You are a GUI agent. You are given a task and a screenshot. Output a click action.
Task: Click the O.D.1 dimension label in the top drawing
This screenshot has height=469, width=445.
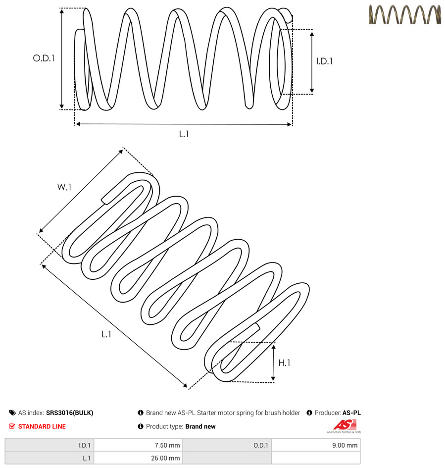click(x=44, y=58)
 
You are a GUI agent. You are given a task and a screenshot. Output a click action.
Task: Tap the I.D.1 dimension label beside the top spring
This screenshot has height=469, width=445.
click(x=325, y=61)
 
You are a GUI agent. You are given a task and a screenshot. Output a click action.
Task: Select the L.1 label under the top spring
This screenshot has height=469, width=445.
click(x=184, y=134)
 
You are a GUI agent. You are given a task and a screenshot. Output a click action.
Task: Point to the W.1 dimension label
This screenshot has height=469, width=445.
click(x=64, y=187)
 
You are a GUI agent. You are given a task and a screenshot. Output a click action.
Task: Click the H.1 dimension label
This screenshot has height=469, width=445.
click(x=284, y=363)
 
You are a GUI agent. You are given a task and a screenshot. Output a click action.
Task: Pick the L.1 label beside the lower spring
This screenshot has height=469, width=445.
click(x=106, y=334)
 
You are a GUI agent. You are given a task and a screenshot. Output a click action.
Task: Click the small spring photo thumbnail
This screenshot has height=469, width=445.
click(x=405, y=14)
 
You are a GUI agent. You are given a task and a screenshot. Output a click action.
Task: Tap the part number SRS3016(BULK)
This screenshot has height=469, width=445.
click(x=70, y=413)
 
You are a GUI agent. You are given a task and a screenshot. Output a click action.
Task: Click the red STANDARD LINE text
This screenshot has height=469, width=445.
click(x=42, y=426)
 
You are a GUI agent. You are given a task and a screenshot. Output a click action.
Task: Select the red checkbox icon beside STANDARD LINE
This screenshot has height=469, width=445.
click(x=12, y=426)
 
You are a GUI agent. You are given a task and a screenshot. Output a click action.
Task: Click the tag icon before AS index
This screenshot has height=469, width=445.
click(x=12, y=413)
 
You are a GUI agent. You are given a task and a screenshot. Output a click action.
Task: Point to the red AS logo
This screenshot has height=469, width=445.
click(x=345, y=426)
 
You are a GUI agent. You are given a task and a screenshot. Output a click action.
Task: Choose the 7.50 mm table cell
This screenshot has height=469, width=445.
click(x=139, y=445)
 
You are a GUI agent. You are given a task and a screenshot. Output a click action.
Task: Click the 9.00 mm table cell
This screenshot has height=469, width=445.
click(x=316, y=445)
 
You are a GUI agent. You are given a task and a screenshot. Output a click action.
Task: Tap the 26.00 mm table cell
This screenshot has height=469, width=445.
click(x=139, y=458)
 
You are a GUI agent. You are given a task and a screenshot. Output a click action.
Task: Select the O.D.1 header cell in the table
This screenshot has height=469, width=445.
click(x=227, y=445)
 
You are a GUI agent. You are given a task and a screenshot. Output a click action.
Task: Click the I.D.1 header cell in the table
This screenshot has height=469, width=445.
click(x=49, y=445)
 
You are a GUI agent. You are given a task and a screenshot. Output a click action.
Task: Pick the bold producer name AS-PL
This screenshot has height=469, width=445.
click(x=351, y=413)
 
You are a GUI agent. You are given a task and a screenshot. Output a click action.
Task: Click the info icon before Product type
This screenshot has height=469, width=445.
click(x=141, y=426)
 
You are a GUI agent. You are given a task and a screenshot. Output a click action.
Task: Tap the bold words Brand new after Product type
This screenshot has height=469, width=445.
click(x=200, y=426)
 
